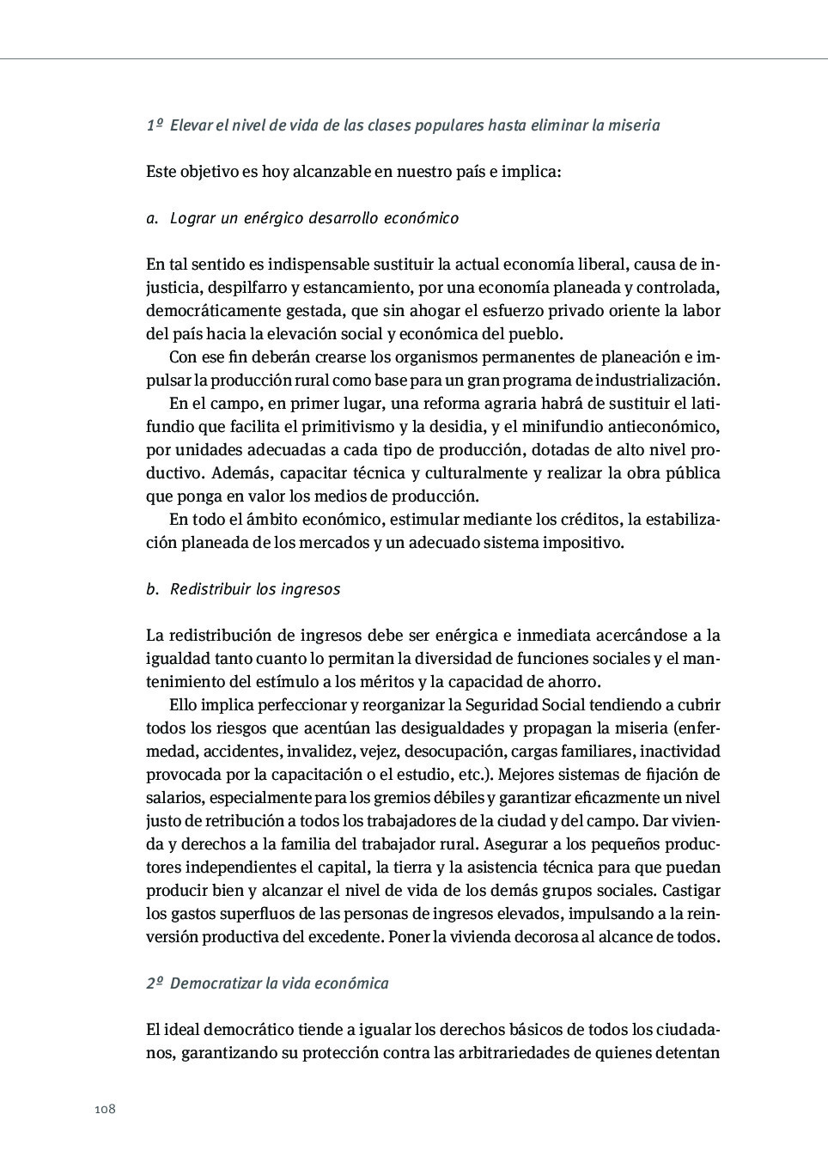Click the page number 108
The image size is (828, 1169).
pos(105,1109)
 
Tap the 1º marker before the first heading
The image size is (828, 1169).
pos(155,125)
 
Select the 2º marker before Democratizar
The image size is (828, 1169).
pos(155,983)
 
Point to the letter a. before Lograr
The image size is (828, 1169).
pos(152,218)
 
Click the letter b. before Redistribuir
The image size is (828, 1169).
pos(152,589)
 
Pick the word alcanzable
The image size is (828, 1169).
pos(331,172)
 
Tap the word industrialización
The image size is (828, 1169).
pos(656,381)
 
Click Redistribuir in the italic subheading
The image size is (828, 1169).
pos(210,589)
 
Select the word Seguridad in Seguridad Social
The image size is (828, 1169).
pos(502,705)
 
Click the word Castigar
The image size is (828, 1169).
pos(691,891)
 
